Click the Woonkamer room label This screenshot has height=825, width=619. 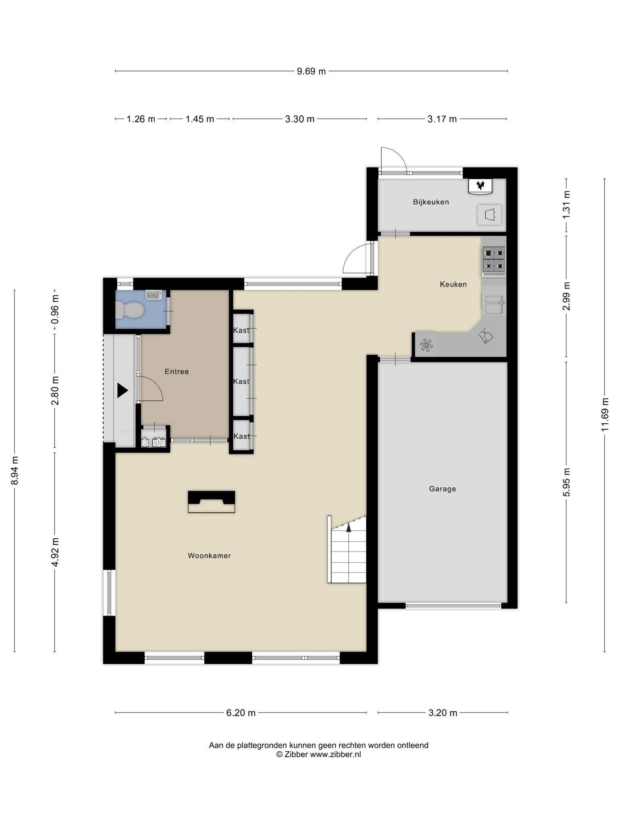click(209, 556)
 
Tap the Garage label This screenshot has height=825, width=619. click(442, 489)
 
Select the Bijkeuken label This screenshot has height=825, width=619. click(431, 202)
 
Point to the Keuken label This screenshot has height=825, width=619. click(453, 284)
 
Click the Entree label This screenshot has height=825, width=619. click(177, 371)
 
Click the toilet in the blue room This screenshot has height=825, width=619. click(130, 310)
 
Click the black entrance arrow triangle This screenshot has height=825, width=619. click(122, 390)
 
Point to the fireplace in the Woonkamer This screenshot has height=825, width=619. click(211, 502)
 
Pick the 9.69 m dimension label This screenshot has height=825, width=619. click(311, 71)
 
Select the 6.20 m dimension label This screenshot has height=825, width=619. click(241, 713)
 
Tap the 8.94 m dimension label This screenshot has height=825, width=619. click(15, 471)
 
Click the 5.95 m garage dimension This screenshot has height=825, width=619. click(566, 482)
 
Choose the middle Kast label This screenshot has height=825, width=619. click(241, 381)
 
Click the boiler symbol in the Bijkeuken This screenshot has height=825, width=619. click(480, 186)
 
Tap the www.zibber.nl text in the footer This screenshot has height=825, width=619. click(335, 755)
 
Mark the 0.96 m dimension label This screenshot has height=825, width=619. click(55, 309)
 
